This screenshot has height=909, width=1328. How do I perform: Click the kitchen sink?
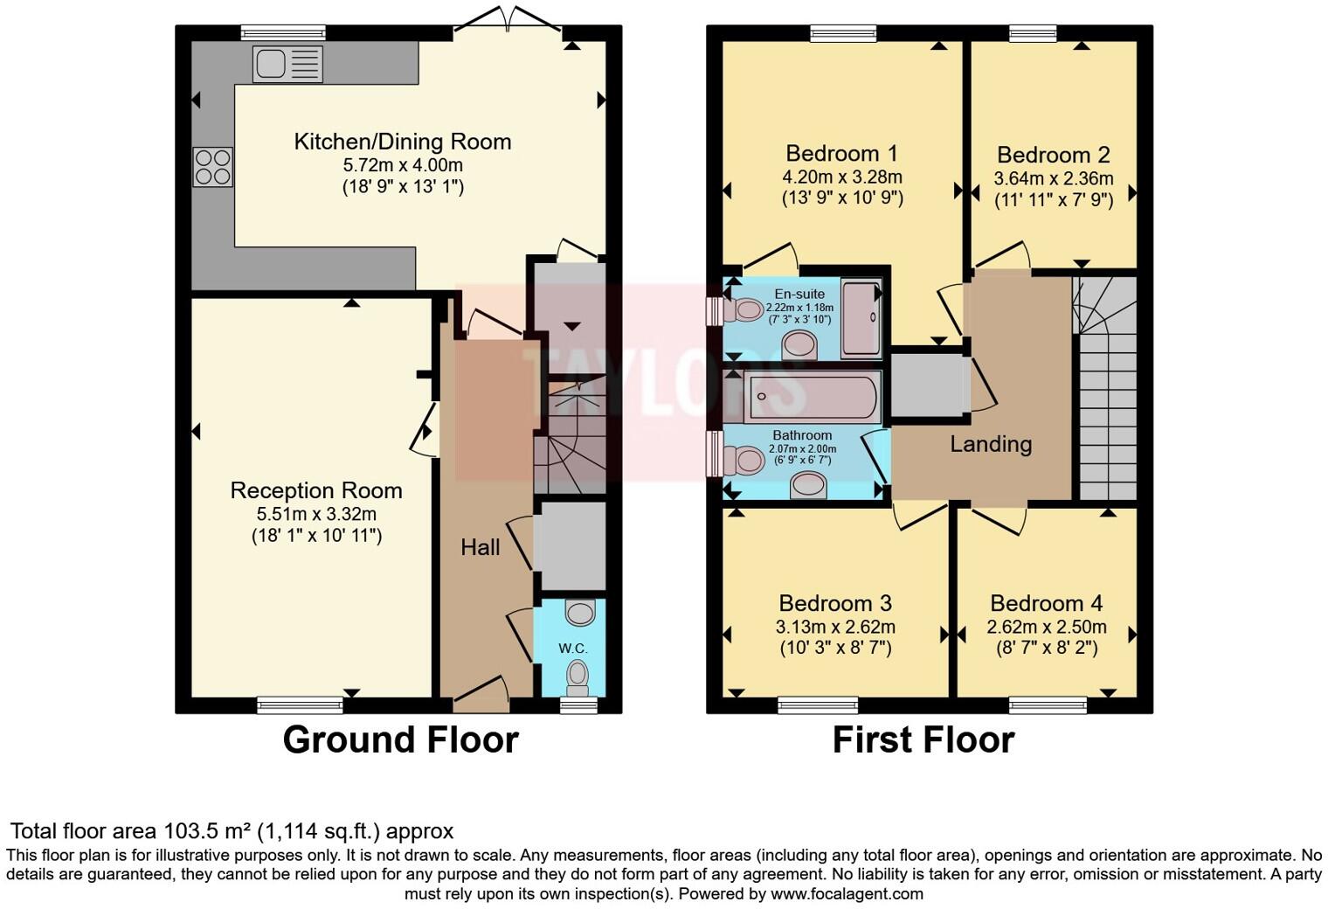[x=288, y=64]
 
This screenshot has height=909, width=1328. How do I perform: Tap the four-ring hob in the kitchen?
[x=213, y=167]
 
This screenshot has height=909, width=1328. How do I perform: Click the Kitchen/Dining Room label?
[x=403, y=142]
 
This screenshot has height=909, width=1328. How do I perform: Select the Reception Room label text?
[x=316, y=491]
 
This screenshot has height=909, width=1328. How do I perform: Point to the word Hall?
[x=481, y=547]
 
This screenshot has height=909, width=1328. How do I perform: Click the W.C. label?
[x=573, y=649]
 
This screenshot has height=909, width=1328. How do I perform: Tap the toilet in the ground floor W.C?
[x=578, y=678]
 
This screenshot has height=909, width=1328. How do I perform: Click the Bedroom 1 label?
[x=841, y=154]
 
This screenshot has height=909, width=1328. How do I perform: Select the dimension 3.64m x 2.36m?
[x=1054, y=178]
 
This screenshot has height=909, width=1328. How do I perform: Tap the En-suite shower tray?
[x=861, y=318]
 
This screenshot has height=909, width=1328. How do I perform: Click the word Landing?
[x=991, y=444]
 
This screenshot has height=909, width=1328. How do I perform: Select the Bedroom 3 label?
[x=834, y=603]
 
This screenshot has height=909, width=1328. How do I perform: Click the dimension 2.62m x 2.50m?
[x=1047, y=627]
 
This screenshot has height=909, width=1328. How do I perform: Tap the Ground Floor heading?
[x=401, y=739]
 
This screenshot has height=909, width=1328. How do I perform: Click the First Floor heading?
[x=923, y=739]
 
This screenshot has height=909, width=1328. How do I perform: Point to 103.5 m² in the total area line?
[x=207, y=831]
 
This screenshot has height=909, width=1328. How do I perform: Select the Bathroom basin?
[x=808, y=484]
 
